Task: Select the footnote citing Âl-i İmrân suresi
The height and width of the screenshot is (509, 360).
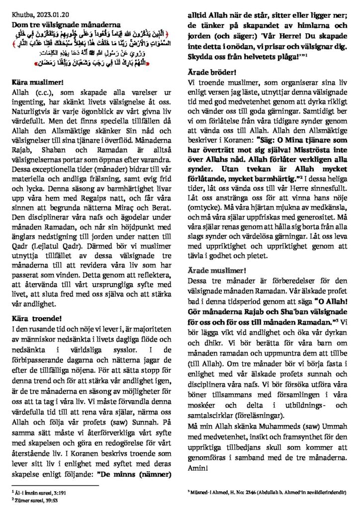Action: (36, 492)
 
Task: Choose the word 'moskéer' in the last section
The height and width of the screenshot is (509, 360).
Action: (203, 406)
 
